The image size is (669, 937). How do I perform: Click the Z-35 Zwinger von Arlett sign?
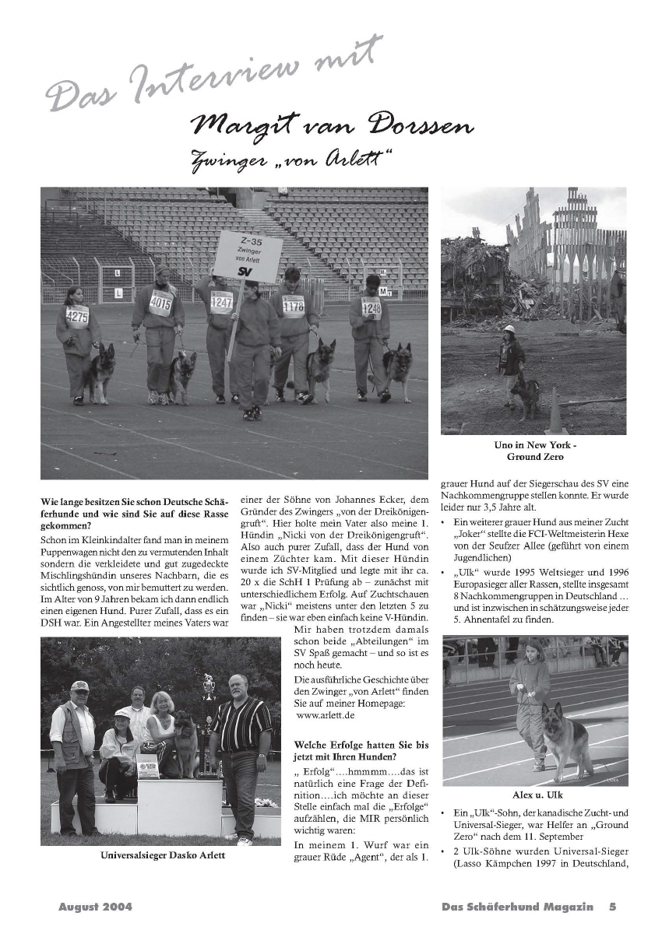(x=248, y=256)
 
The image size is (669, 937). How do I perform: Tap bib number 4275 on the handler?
(x=77, y=316)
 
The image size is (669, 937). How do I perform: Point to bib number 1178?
(x=293, y=306)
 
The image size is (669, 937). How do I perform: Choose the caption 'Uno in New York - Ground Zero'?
(x=534, y=451)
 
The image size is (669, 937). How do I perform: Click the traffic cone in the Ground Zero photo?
(x=556, y=413)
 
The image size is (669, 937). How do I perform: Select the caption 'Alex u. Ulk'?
(x=537, y=795)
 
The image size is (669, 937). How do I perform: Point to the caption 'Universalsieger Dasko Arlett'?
(x=163, y=855)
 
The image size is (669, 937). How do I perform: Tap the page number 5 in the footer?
(x=613, y=907)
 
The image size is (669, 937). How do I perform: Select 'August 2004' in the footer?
(x=95, y=907)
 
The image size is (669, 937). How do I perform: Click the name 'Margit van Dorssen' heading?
(x=332, y=125)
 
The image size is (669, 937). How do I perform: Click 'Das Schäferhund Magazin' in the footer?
(x=517, y=907)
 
